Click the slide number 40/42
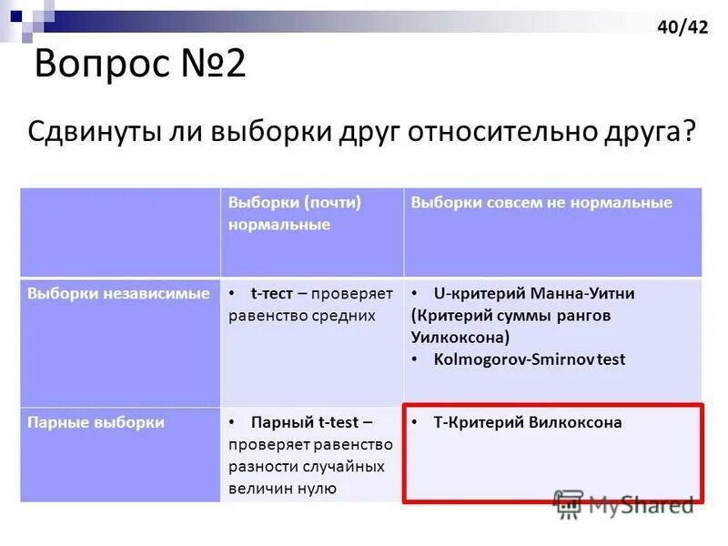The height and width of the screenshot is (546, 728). pyautogui.click(x=682, y=27)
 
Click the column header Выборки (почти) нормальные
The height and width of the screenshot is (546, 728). pyautogui.click(x=295, y=212)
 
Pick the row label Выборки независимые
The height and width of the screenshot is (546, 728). pyautogui.click(x=118, y=293)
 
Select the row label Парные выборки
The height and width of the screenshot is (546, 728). pyautogui.click(x=96, y=422)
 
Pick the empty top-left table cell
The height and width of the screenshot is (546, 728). pyautogui.click(x=120, y=232)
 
